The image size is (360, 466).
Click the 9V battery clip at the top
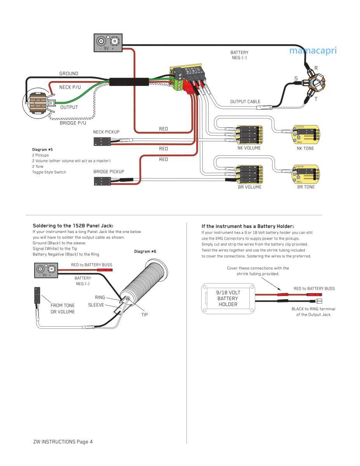(x=108, y=43)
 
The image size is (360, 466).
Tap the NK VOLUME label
(x=249, y=148)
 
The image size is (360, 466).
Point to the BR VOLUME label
(x=249, y=187)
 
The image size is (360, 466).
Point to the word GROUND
(x=69, y=73)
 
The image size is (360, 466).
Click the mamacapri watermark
(x=313, y=50)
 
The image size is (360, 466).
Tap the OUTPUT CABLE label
(x=245, y=102)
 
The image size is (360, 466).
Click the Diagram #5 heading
(x=42, y=150)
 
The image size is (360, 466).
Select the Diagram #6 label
(x=145, y=252)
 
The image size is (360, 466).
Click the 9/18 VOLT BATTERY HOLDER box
(x=228, y=299)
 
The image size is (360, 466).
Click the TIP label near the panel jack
(x=144, y=315)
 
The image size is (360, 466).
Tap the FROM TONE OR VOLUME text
(x=63, y=308)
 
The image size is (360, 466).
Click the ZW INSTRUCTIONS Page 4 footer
(x=63, y=442)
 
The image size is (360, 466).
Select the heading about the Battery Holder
(x=247, y=226)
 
